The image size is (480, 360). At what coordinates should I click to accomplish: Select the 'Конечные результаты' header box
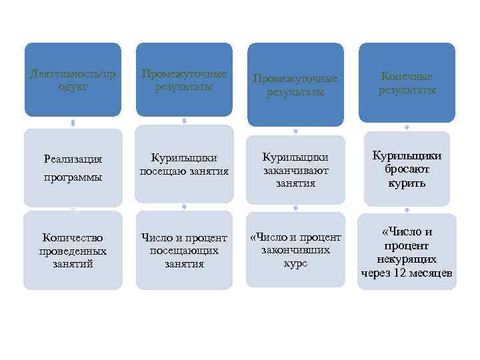click(407, 83)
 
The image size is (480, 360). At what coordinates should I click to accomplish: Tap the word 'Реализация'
click(73, 159)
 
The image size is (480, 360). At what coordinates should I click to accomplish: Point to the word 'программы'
click(73, 178)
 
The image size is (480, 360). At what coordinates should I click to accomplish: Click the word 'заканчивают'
click(295, 171)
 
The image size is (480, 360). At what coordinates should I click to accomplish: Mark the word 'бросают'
click(407, 169)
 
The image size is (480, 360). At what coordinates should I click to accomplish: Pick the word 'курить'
click(407, 183)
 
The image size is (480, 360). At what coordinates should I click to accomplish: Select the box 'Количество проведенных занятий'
click(73, 251)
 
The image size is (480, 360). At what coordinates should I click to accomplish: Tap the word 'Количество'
click(73, 237)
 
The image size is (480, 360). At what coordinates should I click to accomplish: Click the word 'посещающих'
click(184, 251)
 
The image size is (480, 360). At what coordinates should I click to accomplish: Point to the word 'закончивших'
click(295, 251)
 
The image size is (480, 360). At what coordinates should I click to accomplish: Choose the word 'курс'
click(295, 263)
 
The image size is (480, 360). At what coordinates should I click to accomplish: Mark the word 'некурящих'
click(407, 259)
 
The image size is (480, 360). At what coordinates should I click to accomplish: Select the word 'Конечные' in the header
click(407, 76)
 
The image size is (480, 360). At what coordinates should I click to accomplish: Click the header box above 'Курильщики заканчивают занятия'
click(295, 84)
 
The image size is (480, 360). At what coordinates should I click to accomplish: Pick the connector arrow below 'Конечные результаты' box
click(407, 127)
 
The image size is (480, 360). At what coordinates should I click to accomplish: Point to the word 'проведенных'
click(73, 251)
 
